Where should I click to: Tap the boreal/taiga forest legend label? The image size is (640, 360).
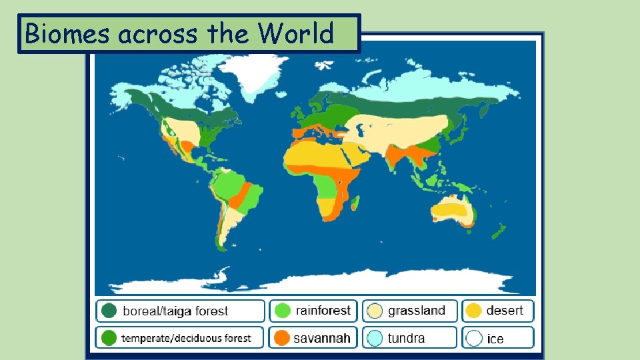coord(175,311)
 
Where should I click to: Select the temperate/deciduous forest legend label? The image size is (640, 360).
coord(186,338)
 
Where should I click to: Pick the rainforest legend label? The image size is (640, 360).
coord(323,311)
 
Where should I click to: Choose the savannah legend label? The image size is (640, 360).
coord(321,338)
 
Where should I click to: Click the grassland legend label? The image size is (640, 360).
coord(416,311)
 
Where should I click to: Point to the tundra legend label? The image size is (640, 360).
coord(406,338)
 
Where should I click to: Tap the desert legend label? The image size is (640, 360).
coord(505,310)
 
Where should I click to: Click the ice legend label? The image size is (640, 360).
coord(495,339)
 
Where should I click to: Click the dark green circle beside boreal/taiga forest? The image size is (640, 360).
coord(109,311)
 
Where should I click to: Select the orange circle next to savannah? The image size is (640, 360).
coord(282,337)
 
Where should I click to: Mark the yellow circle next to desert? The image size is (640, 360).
coord(474,311)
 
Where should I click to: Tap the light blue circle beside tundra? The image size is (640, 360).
coord(375,338)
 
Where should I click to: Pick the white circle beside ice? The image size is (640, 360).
coord(474,338)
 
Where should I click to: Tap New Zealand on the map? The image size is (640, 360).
coord(497,231)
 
